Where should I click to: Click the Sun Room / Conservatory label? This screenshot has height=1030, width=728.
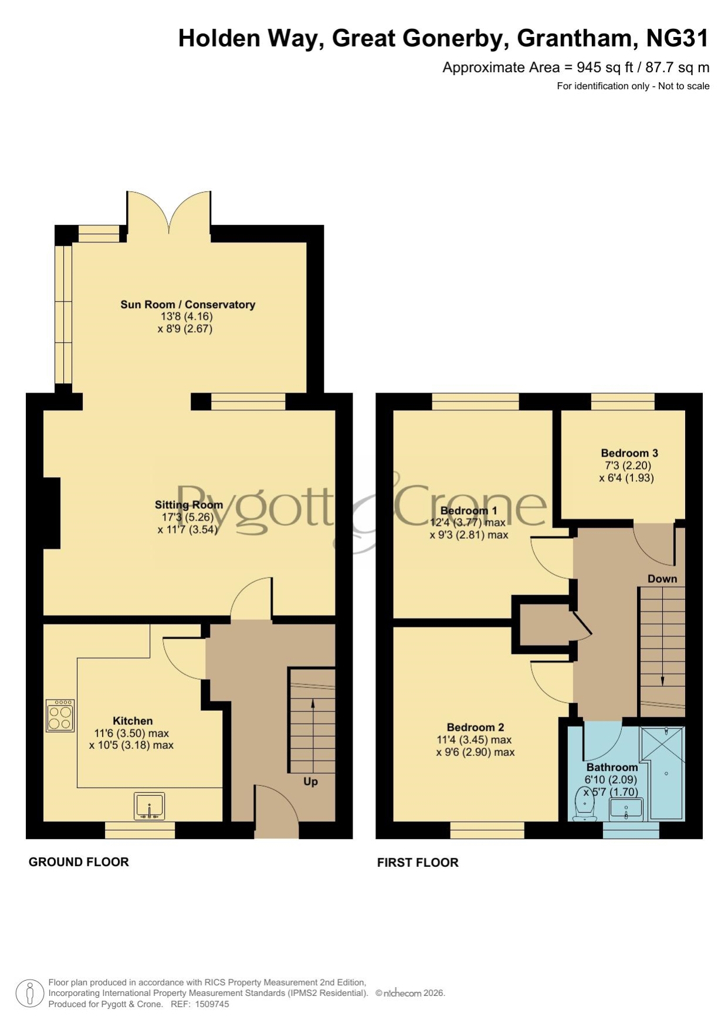188,305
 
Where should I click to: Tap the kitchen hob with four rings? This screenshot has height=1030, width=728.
60,715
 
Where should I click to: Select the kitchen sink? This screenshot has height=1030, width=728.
150,806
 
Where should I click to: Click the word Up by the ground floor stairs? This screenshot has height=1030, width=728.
310,782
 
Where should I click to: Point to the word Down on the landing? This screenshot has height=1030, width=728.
662,579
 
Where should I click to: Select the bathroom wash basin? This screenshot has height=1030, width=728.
627,809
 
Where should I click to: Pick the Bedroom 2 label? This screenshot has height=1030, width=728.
475,727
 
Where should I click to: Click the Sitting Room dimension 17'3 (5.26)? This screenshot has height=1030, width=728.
188,517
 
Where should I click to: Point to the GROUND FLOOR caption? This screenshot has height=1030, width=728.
79,862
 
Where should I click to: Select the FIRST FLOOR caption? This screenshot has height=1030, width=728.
418,863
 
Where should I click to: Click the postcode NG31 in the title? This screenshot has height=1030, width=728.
678,39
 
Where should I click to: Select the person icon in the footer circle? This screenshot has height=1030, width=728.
29,994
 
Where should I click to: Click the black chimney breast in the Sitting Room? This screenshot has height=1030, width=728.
52,514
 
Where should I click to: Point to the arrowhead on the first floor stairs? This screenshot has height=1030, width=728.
663,681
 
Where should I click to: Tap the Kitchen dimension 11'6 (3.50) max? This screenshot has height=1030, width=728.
131,733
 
